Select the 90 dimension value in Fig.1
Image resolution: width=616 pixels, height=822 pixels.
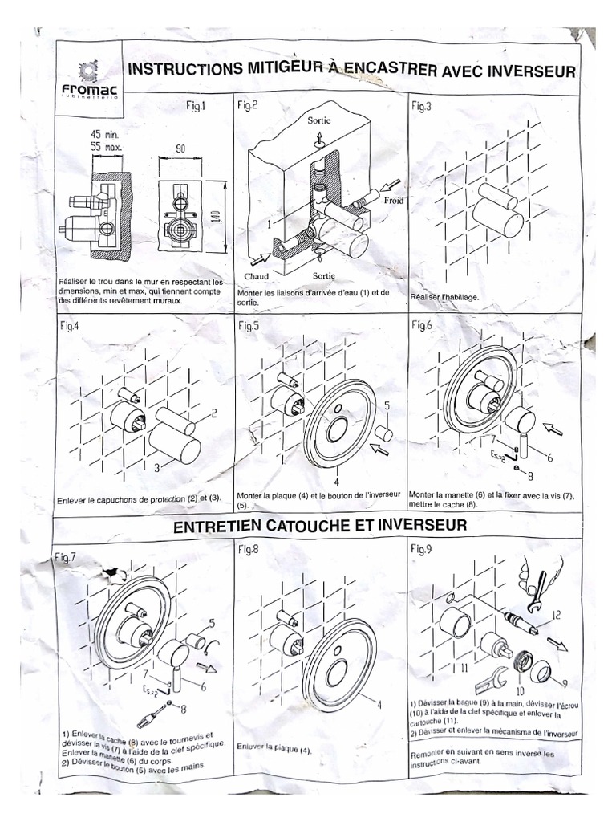point(180,149)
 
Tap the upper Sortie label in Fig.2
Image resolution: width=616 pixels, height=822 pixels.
point(319,120)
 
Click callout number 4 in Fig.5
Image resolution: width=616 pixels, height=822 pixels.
point(337,482)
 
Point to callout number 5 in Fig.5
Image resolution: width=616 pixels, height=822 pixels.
point(386,406)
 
